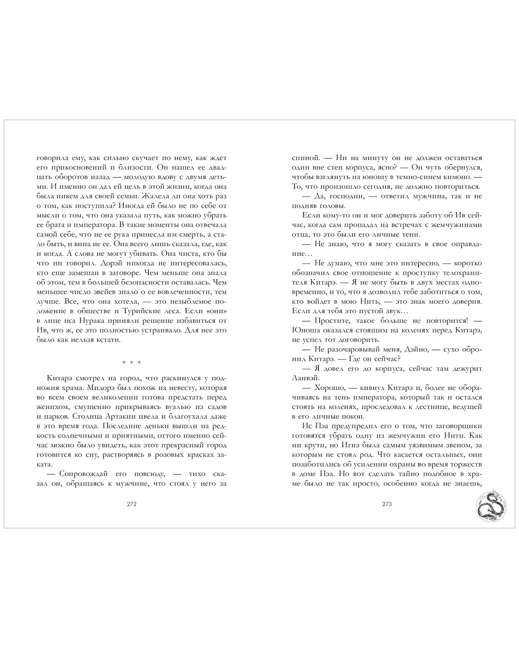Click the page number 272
click(x=131, y=505)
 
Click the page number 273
click(x=387, y=505)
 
